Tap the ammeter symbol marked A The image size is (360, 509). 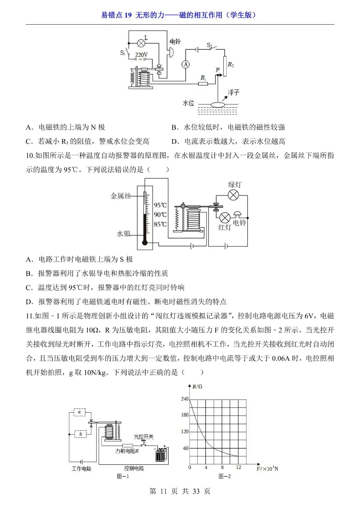click(186, 64)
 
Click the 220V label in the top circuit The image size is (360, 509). click(141, 55)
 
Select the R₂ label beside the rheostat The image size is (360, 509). click(231, 65)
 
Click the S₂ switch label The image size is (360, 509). click(210, 45)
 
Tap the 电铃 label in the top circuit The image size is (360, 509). click(175, 41)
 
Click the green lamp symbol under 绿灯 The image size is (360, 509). click(233, 195)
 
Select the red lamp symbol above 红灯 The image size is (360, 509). click(225, 218)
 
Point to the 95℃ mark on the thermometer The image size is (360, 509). click(160, 205)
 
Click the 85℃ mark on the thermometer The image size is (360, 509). click(160, 224)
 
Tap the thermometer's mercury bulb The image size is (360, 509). click(145, 242)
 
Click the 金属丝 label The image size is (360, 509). click(120, 196)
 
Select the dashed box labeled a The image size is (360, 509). click(79, 412)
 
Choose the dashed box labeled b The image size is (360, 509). click(80, 434)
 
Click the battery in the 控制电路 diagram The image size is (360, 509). click(161, 454)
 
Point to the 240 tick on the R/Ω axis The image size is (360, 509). click(185, 399)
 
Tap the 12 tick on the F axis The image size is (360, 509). click(239, 467)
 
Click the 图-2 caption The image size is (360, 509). click(225, 476)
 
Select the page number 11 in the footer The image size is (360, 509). click(163, 491)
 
